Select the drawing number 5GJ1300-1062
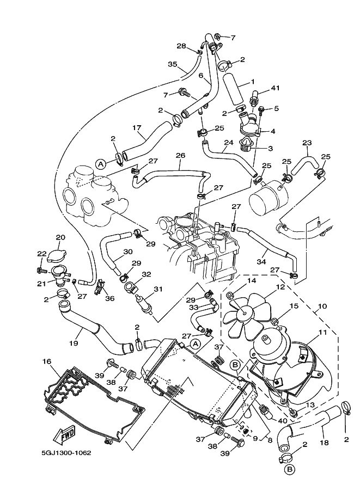[66, 452]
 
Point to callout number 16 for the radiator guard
[47, 361]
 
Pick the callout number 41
[276, 88]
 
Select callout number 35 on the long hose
[173, 64]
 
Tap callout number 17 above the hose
[137, 128]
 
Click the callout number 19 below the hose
[74, 343]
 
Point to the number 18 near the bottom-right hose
[325, 443]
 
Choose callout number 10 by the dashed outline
[322, 306]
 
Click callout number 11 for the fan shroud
[323, 333]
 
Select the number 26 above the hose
[180, 156]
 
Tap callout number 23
[307, 143]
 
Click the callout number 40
[282, 421]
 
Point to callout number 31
[158, 289]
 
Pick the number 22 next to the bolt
[41, 254]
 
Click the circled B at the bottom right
[289, 469]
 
